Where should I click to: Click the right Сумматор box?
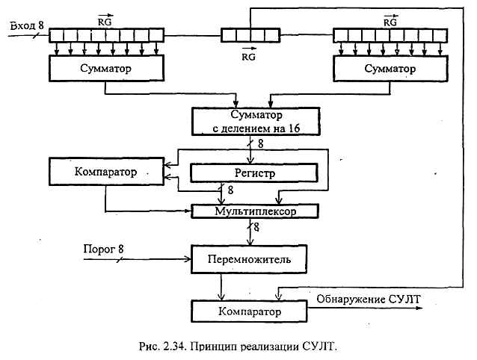[x=390, y=69]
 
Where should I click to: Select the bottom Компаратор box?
[x=250, y=308]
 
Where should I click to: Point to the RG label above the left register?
[x=105, y=22]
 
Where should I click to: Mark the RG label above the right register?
[x=390, y=22]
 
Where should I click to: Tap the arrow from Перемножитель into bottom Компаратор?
[x=221, y=288]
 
